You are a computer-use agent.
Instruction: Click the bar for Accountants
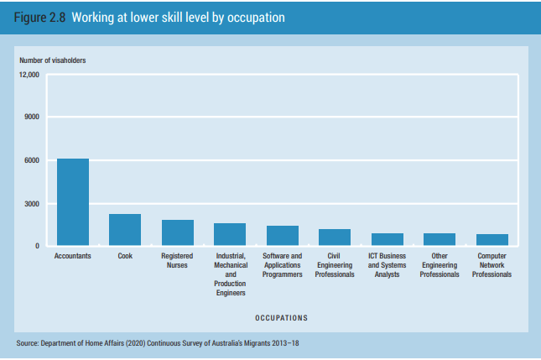(x=73, y=202)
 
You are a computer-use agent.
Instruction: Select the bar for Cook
(x=125, y=230)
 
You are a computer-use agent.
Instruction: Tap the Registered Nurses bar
(x=177, y=232)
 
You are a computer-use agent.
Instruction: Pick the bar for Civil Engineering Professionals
(x=335, y=237)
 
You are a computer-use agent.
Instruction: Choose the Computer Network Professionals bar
(x=492, y=239)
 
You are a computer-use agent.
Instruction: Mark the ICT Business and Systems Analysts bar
(x=388, y=239)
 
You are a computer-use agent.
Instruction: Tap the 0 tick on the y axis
(x=38, y=246)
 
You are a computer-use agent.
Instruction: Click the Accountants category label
(x=73, y=256)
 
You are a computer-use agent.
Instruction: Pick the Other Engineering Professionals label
(x=440, y=265)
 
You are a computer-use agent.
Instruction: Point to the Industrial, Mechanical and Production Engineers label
(x=230, y=274)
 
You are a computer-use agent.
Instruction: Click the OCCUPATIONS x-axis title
(x=281, y=318)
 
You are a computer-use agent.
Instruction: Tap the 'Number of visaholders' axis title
(x=51, y=60)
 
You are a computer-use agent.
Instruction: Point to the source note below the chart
(x=158, y=344)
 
